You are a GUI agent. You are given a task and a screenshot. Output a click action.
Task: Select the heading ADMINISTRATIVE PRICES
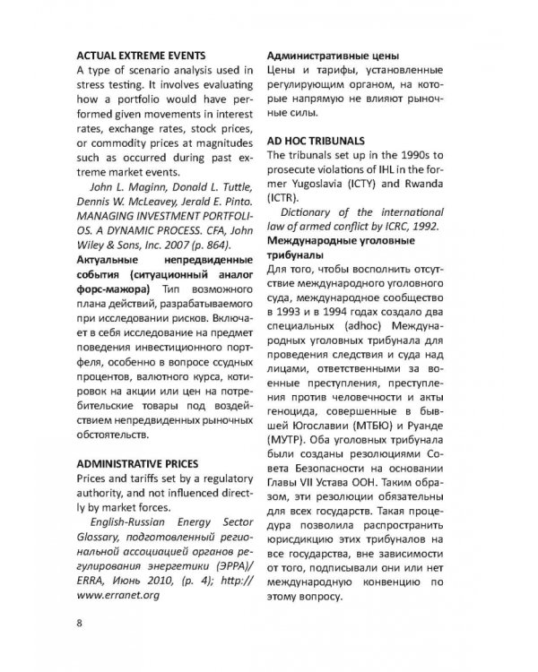pyautogui.click(x=143, y=466)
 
